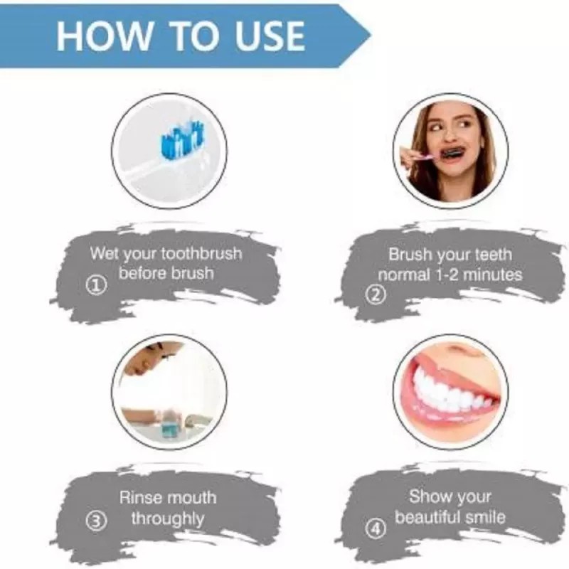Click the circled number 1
[97, 286]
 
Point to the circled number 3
[97, 521]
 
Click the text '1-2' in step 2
[450, 275]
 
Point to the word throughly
[167, 519]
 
